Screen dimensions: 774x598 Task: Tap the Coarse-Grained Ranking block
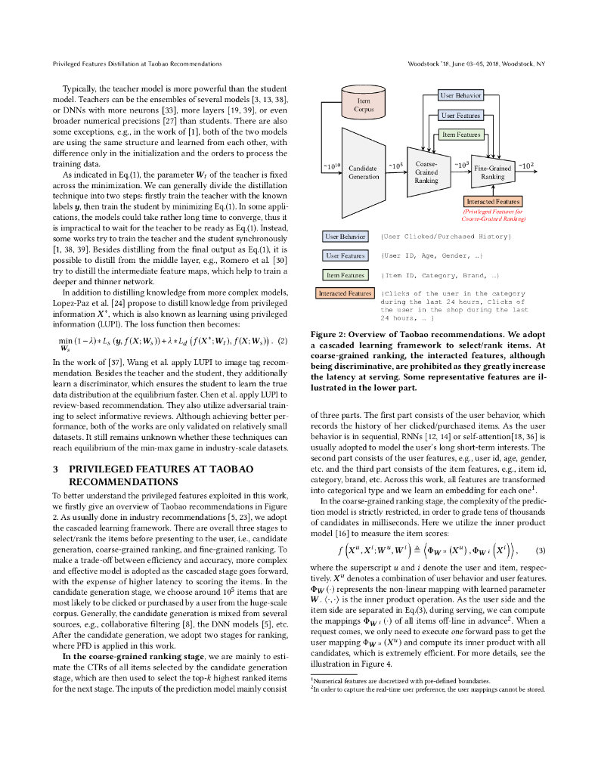click(x=426, y=172)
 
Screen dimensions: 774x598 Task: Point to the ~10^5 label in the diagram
click(x=395, y=164)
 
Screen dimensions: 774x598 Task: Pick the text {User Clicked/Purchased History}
click(x=447, y=237)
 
